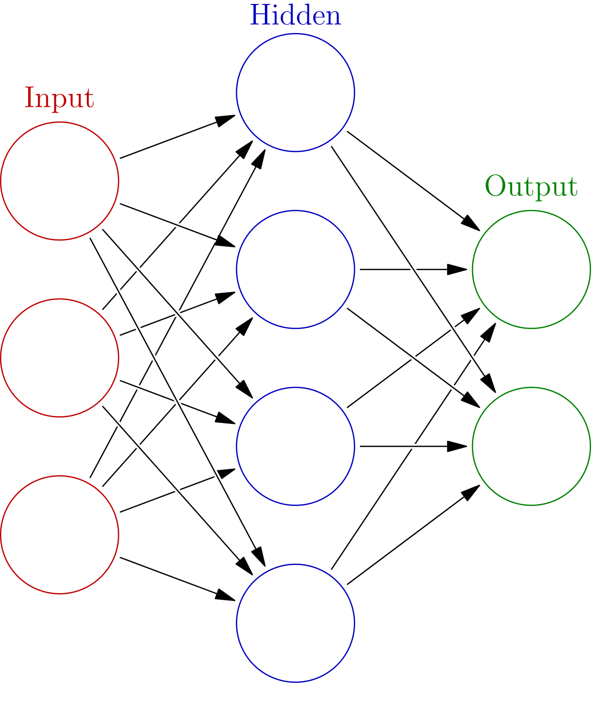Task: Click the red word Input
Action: tap(59, 98)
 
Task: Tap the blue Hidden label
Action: tap(296, 16)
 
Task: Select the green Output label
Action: tap(531, 187)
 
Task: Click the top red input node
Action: tap(60, 181)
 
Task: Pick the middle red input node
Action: tap(60, 358)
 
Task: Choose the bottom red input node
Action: tap(60, 535)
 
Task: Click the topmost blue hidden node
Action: tap(296, 92)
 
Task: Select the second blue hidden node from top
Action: tap(296, 269)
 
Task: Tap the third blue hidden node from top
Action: tap(296, 446)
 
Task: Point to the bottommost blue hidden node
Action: tap(296, 623)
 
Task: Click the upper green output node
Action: tap(531, 269)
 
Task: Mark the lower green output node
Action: tap(531, 446)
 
